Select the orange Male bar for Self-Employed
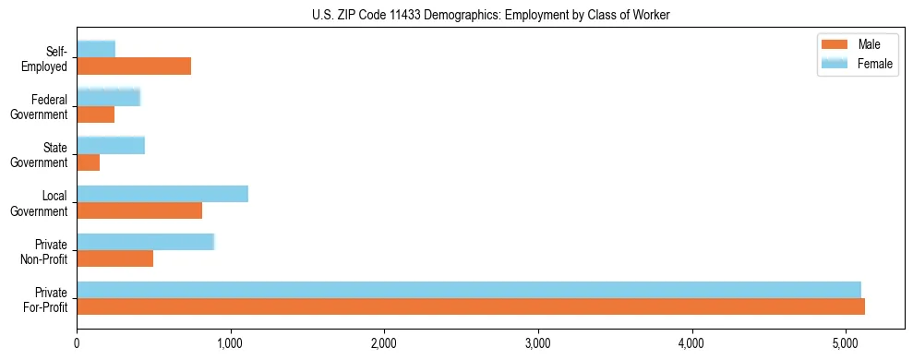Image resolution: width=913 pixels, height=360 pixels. (x=134, y=66)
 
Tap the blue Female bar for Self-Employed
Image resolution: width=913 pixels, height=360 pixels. (x=96, y=49)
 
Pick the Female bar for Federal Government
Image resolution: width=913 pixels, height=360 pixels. (x=108, y=97)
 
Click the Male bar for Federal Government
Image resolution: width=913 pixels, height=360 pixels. (x=95, y=114)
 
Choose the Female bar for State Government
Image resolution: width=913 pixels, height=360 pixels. (x=111, y=145)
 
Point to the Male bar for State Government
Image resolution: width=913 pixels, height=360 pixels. (x=88, y=162)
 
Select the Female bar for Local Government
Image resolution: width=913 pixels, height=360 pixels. (x=162, y=193)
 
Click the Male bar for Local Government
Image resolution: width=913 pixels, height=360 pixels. (x=139, y=210)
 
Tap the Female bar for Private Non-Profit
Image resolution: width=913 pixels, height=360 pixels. (x=145, y=242)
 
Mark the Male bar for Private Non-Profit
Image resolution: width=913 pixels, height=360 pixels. (x=114, y=258)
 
